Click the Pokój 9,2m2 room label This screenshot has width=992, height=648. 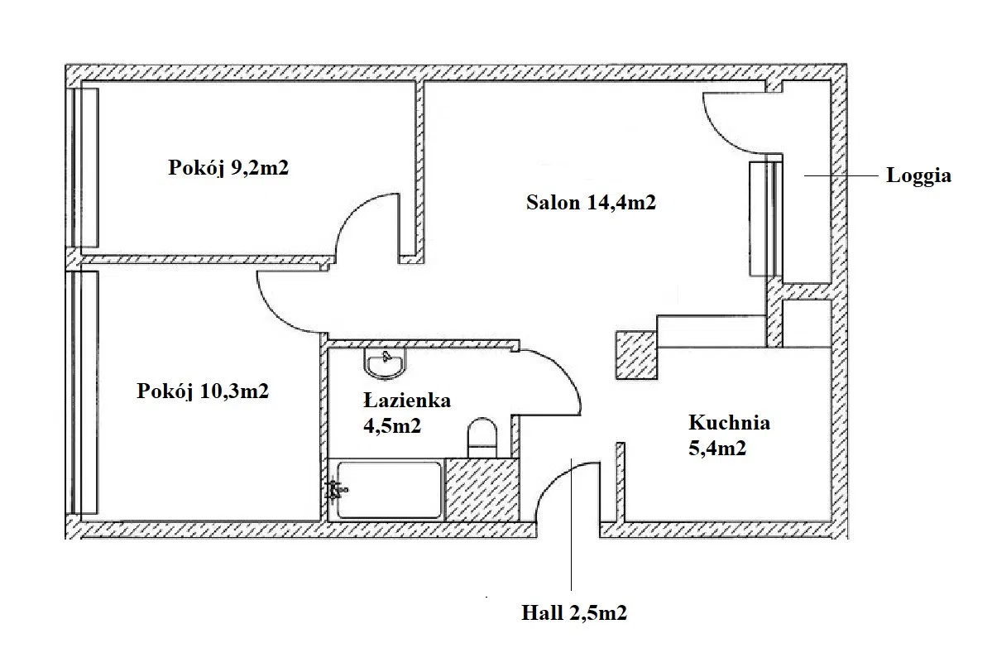pos(228,168)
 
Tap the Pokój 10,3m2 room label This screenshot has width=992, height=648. pos(203,391)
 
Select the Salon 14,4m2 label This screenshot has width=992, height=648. pos(591,203)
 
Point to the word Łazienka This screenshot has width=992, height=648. pos(407,400)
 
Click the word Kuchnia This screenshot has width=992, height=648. pos(729,422)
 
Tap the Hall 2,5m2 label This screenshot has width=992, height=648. pos(574,612)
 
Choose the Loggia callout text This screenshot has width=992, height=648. pos(918,175)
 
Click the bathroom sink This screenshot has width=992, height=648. pos(384,363)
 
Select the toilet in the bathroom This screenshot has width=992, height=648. pos(482,437)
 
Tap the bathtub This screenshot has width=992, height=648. pos(389,490)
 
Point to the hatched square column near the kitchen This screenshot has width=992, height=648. pos(636,355)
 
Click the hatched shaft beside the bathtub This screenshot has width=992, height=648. pos(482,489)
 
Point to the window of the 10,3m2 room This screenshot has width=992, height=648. pos(83,392)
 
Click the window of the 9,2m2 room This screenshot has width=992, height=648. pos(83,168)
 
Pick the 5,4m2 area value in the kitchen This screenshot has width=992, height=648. pos(716,448)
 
